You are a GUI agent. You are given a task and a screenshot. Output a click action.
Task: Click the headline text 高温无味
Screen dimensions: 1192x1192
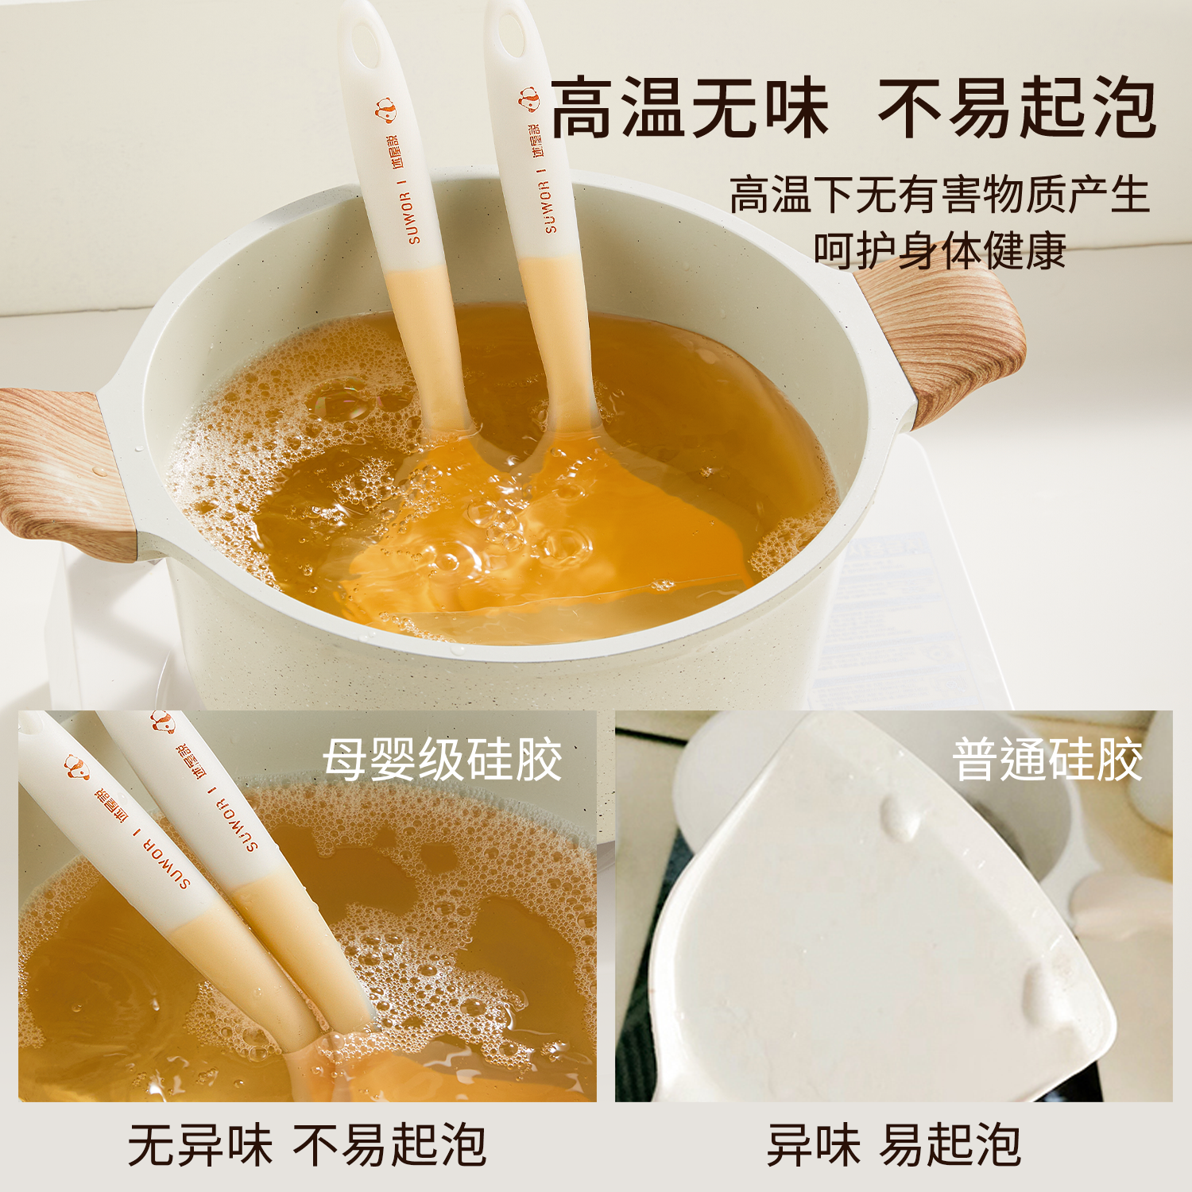690,108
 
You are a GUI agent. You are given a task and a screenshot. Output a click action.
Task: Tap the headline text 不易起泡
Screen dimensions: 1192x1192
1017,108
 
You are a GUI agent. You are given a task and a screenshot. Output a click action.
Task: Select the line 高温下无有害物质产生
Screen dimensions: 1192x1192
939,195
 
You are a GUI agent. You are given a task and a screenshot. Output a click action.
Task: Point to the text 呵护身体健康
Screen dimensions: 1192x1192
939,251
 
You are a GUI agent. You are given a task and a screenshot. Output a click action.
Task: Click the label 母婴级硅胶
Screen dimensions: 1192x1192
442,760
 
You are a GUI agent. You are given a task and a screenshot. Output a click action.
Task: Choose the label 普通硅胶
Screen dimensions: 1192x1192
1047,760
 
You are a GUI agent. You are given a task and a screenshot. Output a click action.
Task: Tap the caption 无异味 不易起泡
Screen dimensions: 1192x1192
307,1145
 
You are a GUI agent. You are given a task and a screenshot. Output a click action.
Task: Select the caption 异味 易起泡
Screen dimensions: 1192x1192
893,1145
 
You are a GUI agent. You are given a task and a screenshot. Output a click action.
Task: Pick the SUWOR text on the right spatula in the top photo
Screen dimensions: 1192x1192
548,207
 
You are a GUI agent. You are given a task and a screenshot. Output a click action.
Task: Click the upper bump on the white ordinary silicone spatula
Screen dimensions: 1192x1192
900,815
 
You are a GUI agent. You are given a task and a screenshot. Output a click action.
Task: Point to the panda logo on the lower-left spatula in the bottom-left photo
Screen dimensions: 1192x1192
76,768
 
